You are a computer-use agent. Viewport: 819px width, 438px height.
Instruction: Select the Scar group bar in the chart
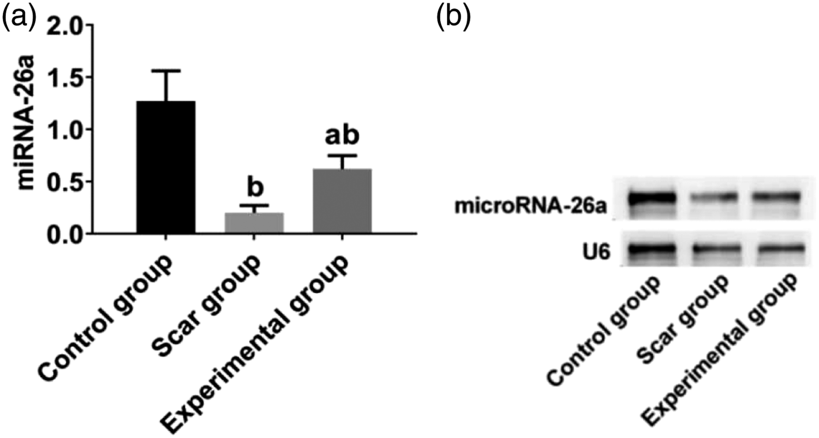click(x=254, y=223)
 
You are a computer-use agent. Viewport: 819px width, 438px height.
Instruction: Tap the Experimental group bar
click(x=342, y=201)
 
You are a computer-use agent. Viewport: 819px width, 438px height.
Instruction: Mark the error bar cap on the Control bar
click(x=166, y=71)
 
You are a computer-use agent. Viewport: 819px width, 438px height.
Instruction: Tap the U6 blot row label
click(x=596, y=252)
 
